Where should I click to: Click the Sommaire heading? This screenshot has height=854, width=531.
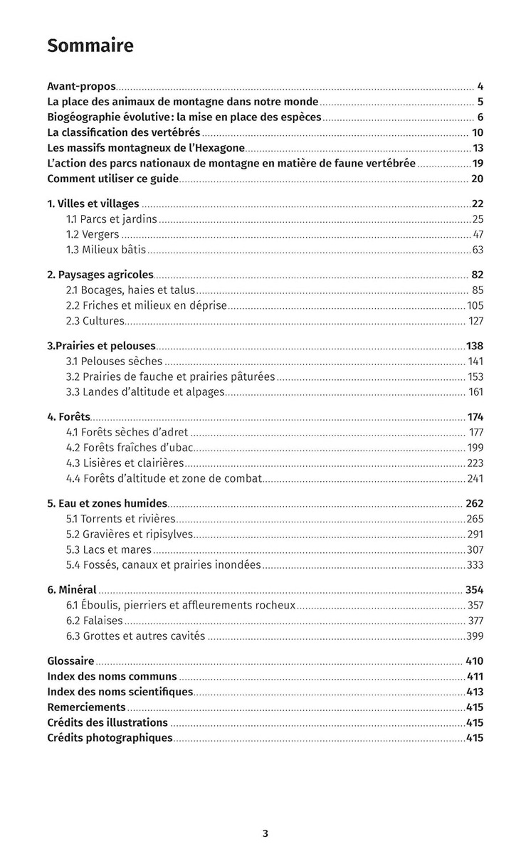point(90,46)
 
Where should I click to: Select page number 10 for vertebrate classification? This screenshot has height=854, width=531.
point(478,132)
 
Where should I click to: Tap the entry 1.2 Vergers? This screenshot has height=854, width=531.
point(93,234)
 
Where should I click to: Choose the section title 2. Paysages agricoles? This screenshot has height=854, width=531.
point(100,274)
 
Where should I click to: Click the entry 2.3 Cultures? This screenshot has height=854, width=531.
point(95,320)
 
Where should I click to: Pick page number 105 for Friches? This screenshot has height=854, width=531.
point(475,305)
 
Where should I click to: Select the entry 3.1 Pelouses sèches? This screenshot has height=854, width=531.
point(114,361)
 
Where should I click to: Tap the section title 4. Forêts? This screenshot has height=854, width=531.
point(68,416)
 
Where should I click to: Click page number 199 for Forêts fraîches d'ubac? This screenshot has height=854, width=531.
point(475,448)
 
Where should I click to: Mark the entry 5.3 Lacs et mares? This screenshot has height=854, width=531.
point(109,549)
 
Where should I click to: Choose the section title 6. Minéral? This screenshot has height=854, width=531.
point(72,589)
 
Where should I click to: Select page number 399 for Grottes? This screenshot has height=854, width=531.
point(475,636)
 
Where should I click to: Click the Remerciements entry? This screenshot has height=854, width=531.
point(86,707)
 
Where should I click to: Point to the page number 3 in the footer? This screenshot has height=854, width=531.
point(265,833)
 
